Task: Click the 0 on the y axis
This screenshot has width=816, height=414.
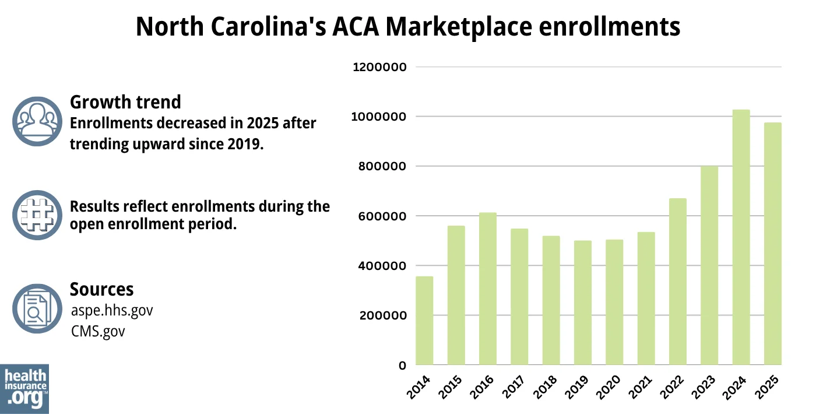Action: coord(402,366)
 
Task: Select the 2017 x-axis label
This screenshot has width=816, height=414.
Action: coord(513,388)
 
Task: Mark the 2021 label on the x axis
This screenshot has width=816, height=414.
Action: coord(640,388)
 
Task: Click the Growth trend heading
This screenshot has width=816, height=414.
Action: coord(125,102)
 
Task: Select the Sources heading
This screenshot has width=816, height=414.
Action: coord(101,289)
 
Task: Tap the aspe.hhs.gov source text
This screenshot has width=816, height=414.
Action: coord(111,310)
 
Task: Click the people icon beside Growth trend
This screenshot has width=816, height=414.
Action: coord(37,121)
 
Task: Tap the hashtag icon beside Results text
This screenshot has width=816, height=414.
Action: coord(37,215)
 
